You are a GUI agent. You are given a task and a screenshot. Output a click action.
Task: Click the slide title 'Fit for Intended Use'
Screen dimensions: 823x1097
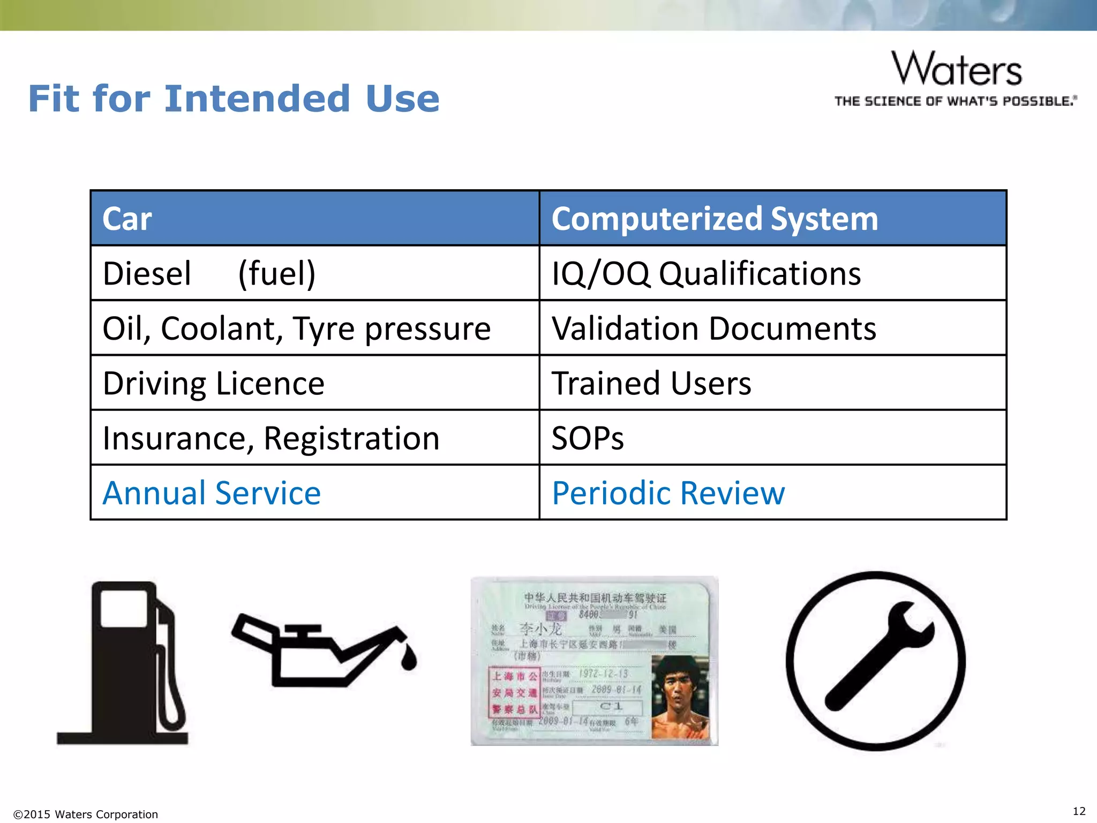pyautogui.click(x=234, y=99)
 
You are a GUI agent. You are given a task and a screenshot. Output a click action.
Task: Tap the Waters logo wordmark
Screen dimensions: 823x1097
pyautogui.click(x=957, y=70)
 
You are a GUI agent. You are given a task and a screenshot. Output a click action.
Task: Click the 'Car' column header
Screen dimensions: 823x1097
pyautogui.click(x=127, y=219)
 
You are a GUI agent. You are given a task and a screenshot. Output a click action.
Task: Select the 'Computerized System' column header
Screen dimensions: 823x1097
pyautogui.click(x=715, y=219)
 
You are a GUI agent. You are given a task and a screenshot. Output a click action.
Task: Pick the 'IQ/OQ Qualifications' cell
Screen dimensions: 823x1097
pyautogui.click(x=706, y=274)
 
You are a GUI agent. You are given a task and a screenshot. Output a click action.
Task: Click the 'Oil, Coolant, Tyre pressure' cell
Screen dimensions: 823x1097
pyautogui.click(x=296, y=328)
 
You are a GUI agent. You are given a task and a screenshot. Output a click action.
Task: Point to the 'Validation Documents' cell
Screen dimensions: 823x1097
pyautogui.click(x=713, y=328)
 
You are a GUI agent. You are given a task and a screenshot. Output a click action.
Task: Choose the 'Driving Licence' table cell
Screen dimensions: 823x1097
pyautogui.click(x=214, y=384)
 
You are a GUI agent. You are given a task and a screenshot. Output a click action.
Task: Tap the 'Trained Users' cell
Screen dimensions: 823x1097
pyautogui.click(x=651, y=384)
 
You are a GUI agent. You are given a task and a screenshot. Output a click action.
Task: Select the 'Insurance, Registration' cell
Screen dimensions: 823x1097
pyautogui.click(x=271, y=438)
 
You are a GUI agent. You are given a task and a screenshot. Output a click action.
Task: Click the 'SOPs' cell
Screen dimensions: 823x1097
pyautogui.click(x=588, y=438)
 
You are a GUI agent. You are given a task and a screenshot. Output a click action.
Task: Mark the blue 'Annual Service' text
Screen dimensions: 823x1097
pyautogui.click(x=212, y=493)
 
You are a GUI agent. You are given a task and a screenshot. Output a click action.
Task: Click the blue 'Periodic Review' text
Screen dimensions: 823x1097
pyautogui.click(x=668, y=493)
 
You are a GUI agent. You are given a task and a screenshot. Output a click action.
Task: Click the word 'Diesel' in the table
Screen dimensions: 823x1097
pyautogui.click(x=147, y=274)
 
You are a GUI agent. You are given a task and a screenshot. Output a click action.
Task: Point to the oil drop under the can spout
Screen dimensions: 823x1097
pyautogui.click(x=409, y=658)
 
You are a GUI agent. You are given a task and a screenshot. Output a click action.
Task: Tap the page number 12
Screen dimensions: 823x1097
pyautogui.click(x=1079, y=811)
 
